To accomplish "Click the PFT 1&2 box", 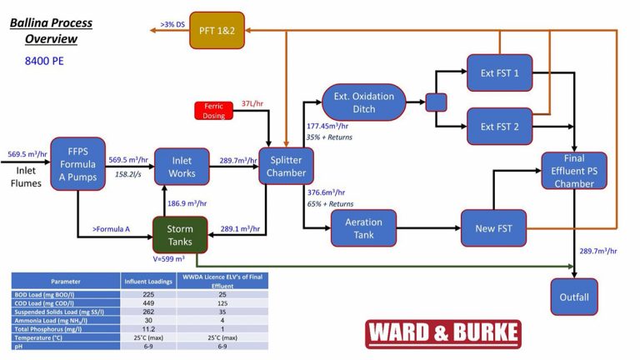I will pyautogui.click(x=217, y=31).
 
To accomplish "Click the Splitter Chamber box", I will pyautogui.click(x=285, y=167).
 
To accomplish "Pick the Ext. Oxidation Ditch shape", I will pyautogui.click(x=364, y=102).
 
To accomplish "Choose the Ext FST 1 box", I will pyautogui.click(x=499, y=73).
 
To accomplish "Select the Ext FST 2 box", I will pyautogui.click(x=499, y=127).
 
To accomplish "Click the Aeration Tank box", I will pyautogui.click(x=363, y=228).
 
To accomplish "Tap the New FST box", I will pyautogui.click(x=493, y=228).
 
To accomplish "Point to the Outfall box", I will pyautogui.click(x=574, y=297).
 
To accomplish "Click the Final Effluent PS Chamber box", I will pyautogui.click(x=574, y=171).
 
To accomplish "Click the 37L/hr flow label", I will pyautogui.click(x=252, y=103).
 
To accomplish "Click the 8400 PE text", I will pyautogui.click(x=44, y=61).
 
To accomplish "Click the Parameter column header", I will pyautogui.click(x=65, y=282).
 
